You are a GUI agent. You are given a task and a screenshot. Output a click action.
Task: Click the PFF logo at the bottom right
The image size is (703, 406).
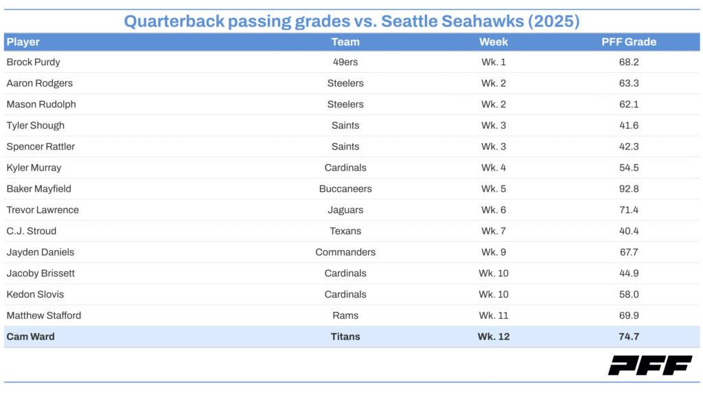649,365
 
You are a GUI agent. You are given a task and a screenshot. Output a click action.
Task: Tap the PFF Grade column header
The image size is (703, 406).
629,42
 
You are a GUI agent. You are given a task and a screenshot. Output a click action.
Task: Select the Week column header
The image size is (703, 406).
494,42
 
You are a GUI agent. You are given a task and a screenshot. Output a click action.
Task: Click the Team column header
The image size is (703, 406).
345,42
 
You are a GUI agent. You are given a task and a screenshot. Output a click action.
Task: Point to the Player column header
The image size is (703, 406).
23,42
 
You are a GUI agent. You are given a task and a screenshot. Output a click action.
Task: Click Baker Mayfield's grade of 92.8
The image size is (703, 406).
629,189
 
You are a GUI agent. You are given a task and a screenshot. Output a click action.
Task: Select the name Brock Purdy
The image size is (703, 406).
34,62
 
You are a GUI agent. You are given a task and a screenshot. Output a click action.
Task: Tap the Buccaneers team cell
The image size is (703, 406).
345,189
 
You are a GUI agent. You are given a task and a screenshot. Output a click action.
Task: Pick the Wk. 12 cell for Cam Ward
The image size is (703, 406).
494,337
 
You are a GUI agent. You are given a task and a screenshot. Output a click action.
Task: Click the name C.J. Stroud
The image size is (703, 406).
32,231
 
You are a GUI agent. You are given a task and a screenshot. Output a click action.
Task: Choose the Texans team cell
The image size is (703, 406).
345,231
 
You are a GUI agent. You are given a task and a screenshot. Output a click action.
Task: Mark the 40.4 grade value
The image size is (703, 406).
629,231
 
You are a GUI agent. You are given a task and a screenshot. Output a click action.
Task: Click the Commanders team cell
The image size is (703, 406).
345,252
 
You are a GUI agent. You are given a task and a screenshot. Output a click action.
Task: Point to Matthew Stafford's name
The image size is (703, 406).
44,315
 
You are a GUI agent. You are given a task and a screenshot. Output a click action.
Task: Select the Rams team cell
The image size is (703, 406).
345,315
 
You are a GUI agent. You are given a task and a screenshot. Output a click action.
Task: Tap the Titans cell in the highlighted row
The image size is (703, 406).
345,337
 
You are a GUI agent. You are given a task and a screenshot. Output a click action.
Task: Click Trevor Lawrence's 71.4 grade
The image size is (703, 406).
629,210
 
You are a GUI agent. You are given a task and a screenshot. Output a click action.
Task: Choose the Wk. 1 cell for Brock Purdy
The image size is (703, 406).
494,62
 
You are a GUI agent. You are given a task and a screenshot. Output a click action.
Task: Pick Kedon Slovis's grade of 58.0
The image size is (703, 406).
629,294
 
